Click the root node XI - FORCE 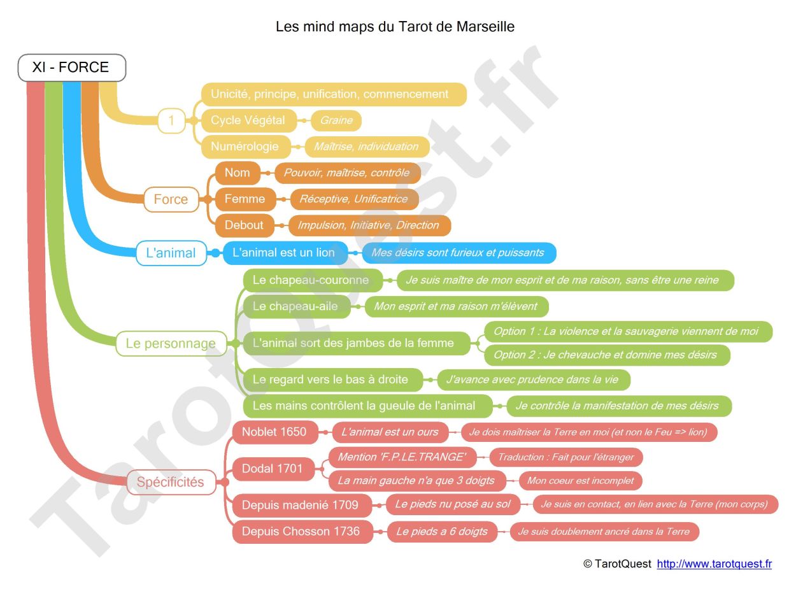pyautogui.click(x=71, y=67)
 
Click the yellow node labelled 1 pyautogui.click(x=171, y=120)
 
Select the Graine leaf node pyautogui.click(x=336, y=120)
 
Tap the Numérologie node pyautogui.click(x=245, y=146)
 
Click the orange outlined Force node pyautogui.click(x=171, y=199)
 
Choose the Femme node pyautogui.click(x=245, y=199)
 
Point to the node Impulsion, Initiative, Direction pyautogui.click(x=369, y=225)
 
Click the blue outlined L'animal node pyautogui.click(x=171, y=253)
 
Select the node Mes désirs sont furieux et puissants pyautogui.click(x=458, y=253)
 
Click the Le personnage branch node pyautogui.click(x=171, y=344)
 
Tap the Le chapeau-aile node pyautogui.click(x=295, y=306)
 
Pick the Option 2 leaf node pyautogui.click(x=606, y=355)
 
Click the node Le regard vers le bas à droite pyautogui.click(x=330, y=380)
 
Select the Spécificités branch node pyautogui.click(x=171, y=482)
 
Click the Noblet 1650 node pyautogui.click(x=274, y=432)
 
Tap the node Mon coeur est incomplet pyautogui.click(x=580, y=481)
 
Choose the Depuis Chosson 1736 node pyautogui.click(x=301, y=532)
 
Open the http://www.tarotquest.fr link pyautogui.click(x=714, y=564)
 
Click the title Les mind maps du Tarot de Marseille pyautogui.click(x=395, y=27)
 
